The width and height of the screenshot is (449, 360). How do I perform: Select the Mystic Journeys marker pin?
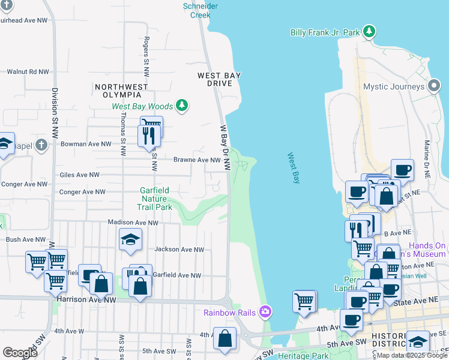[434, 86]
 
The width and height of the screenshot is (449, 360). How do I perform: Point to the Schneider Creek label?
[200, 10]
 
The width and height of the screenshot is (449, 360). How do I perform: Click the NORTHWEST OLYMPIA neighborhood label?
[121, 91]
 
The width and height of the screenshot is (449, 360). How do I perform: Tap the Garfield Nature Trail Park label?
[155, 199]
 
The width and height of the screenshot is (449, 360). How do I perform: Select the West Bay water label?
[293, 168]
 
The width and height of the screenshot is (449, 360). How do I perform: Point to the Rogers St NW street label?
[146, 51]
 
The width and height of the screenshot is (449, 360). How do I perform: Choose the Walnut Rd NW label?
[28, 72]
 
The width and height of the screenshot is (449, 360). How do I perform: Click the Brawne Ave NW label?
[197, 160]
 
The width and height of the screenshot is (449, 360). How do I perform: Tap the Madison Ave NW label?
[133, 222]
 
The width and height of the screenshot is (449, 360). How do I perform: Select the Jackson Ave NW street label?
[179, 250]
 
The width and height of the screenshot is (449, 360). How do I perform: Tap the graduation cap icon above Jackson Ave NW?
[130, 240]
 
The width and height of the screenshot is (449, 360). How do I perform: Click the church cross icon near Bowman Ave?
[41, 145]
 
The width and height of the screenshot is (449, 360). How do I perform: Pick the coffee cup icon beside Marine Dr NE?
[402, 169]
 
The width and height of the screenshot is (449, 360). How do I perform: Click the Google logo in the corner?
[20, 353]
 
